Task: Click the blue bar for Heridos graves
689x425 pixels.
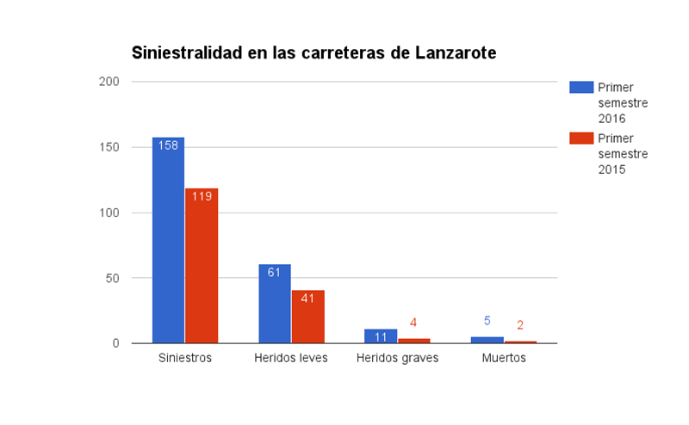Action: tap(381, 336)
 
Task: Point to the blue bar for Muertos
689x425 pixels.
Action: tap(487, 340)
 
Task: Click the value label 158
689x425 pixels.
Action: tap(168, 145)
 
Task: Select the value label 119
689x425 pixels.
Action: tap(202, 196)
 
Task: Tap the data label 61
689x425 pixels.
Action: tap(275, 273)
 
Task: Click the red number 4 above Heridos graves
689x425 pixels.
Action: tap(413, 323)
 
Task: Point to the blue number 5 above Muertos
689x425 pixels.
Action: tap(487, 321)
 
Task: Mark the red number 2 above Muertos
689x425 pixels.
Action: tap(520, 325)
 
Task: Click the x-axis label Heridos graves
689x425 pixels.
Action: tap(397, 358)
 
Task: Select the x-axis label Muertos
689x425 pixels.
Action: tap(504, 358)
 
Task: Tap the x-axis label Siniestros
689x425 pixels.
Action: tap(185, 358)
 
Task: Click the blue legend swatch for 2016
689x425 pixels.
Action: tap(581, 87)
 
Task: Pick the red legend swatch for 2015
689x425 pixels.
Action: tap(581, 139)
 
